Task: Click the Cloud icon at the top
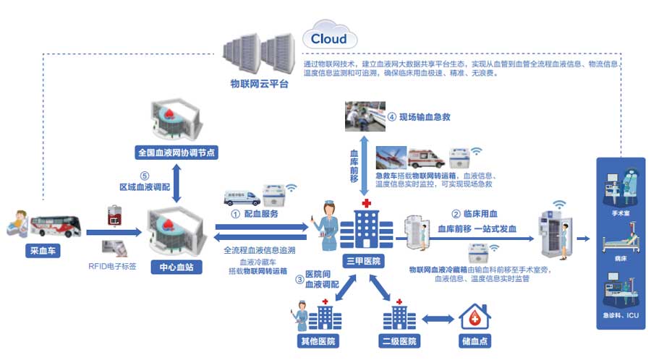click(329, 38)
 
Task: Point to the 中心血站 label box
click(176, 267)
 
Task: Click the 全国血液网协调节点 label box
click(176, 153)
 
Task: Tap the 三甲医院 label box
click(362, 260)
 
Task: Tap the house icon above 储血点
click(475, 315)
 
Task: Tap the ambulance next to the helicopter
click(426, 158)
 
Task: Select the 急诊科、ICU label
click(620, 315)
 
